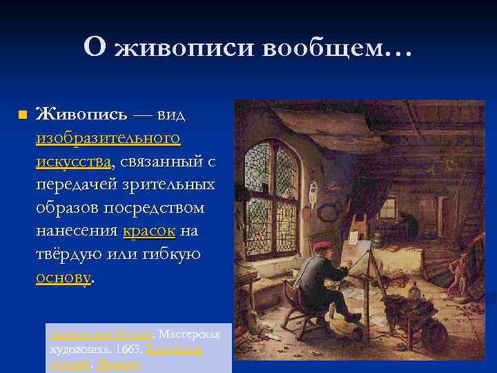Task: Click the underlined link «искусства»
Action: point(74,161)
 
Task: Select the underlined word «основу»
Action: point(63,278)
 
